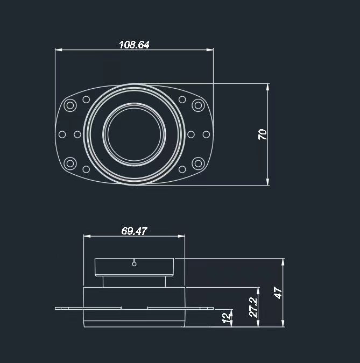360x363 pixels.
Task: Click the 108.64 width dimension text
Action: click(x=134, y=45)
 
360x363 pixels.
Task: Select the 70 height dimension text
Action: click(x=263, y=134)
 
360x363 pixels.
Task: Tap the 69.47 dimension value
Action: click(x=134, y=231)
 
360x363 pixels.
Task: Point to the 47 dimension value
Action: click(x=278, y=293)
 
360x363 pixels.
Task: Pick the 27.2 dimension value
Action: click(x=253, y=307)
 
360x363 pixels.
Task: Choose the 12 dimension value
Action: click(x=227, y=318)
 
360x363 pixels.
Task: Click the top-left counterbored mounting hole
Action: click(x=70, y=105)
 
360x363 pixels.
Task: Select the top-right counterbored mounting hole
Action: click(x=198, y=105)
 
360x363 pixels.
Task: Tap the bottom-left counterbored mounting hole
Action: click(x=70, y=163)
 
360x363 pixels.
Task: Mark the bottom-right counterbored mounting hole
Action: click(x=198, y=163)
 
